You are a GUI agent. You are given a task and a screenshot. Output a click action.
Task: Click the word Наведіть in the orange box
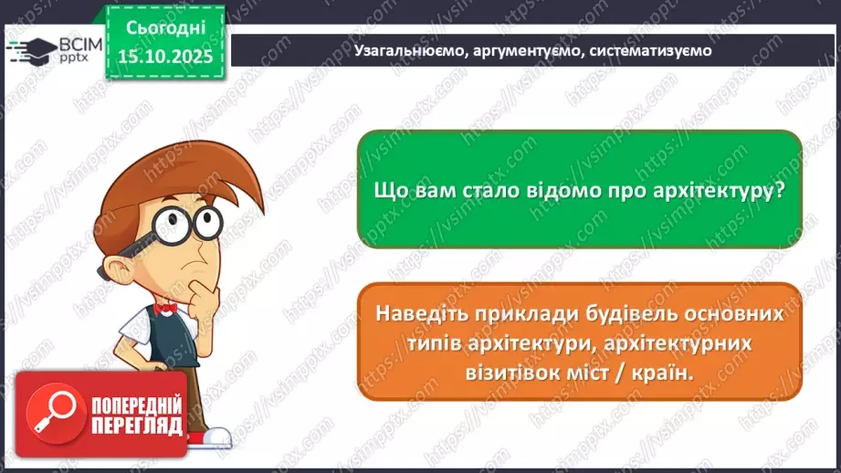point(422,314)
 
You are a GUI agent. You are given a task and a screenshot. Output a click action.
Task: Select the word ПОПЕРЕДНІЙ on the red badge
point(134,405)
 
